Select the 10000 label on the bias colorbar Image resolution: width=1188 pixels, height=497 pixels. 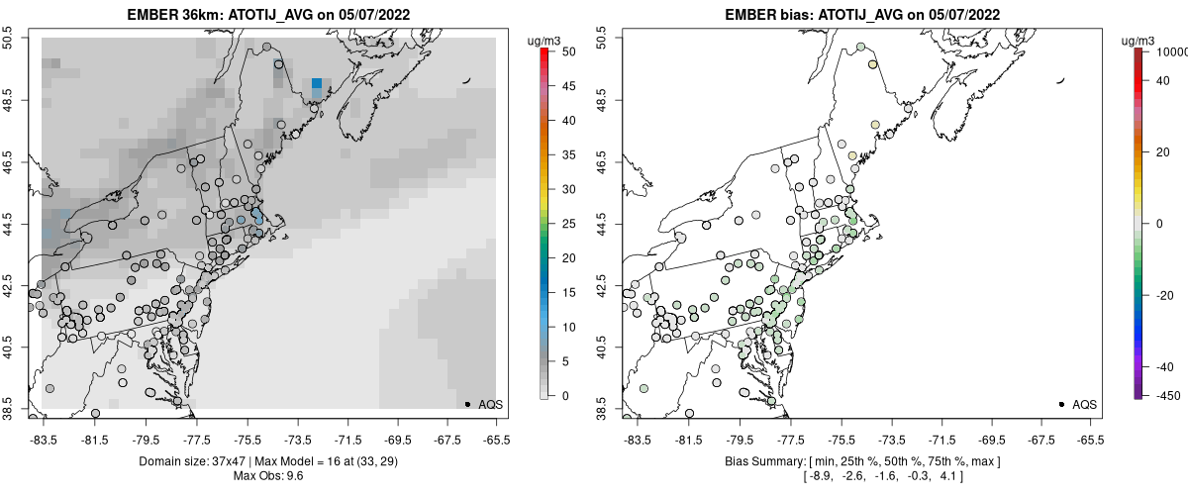click(x=1170, y=50)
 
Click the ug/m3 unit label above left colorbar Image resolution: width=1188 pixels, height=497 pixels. click(x=545, y=41)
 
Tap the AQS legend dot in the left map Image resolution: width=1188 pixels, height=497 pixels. click(x=467, y=404)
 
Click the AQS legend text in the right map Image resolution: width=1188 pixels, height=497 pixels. click(x=1084, y=404)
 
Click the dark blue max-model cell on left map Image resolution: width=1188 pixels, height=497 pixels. click(x=316, y=84)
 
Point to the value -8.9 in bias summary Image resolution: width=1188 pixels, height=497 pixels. click(x=820, y=477)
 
